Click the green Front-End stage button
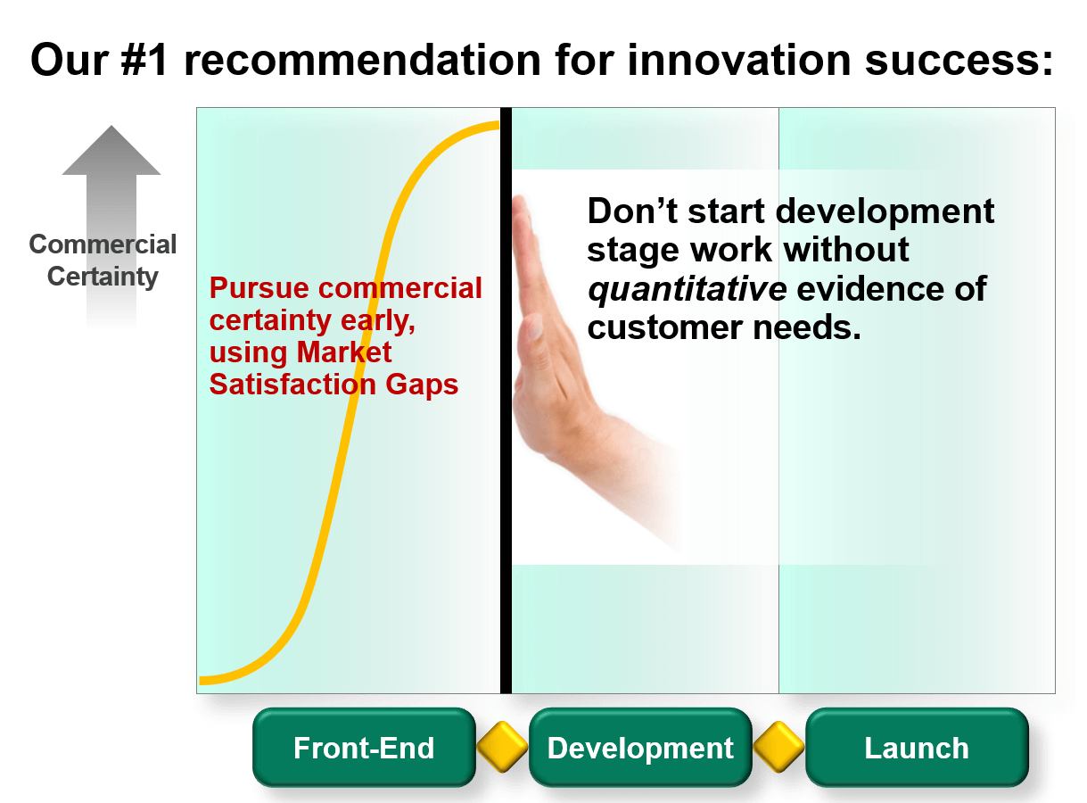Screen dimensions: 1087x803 coord(364,747)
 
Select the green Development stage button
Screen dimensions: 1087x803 coord(640,747)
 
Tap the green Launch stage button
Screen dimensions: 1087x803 coord(917,747)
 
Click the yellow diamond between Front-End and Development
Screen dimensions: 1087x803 coord(502,747)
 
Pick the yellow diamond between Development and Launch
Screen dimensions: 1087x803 coord(778,747)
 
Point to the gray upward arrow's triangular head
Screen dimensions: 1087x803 coord(111,152)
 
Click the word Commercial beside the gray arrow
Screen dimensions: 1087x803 coord(103,244)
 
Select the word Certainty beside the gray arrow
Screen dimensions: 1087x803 coord(103,277)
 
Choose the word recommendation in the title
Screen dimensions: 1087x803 coord(363,60)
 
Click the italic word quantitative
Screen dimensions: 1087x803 coord(688,289)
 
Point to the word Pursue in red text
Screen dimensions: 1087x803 coord(259,288)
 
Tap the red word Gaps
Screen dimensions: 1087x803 coord(422,385)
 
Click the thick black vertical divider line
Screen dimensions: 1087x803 coord(506,401)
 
